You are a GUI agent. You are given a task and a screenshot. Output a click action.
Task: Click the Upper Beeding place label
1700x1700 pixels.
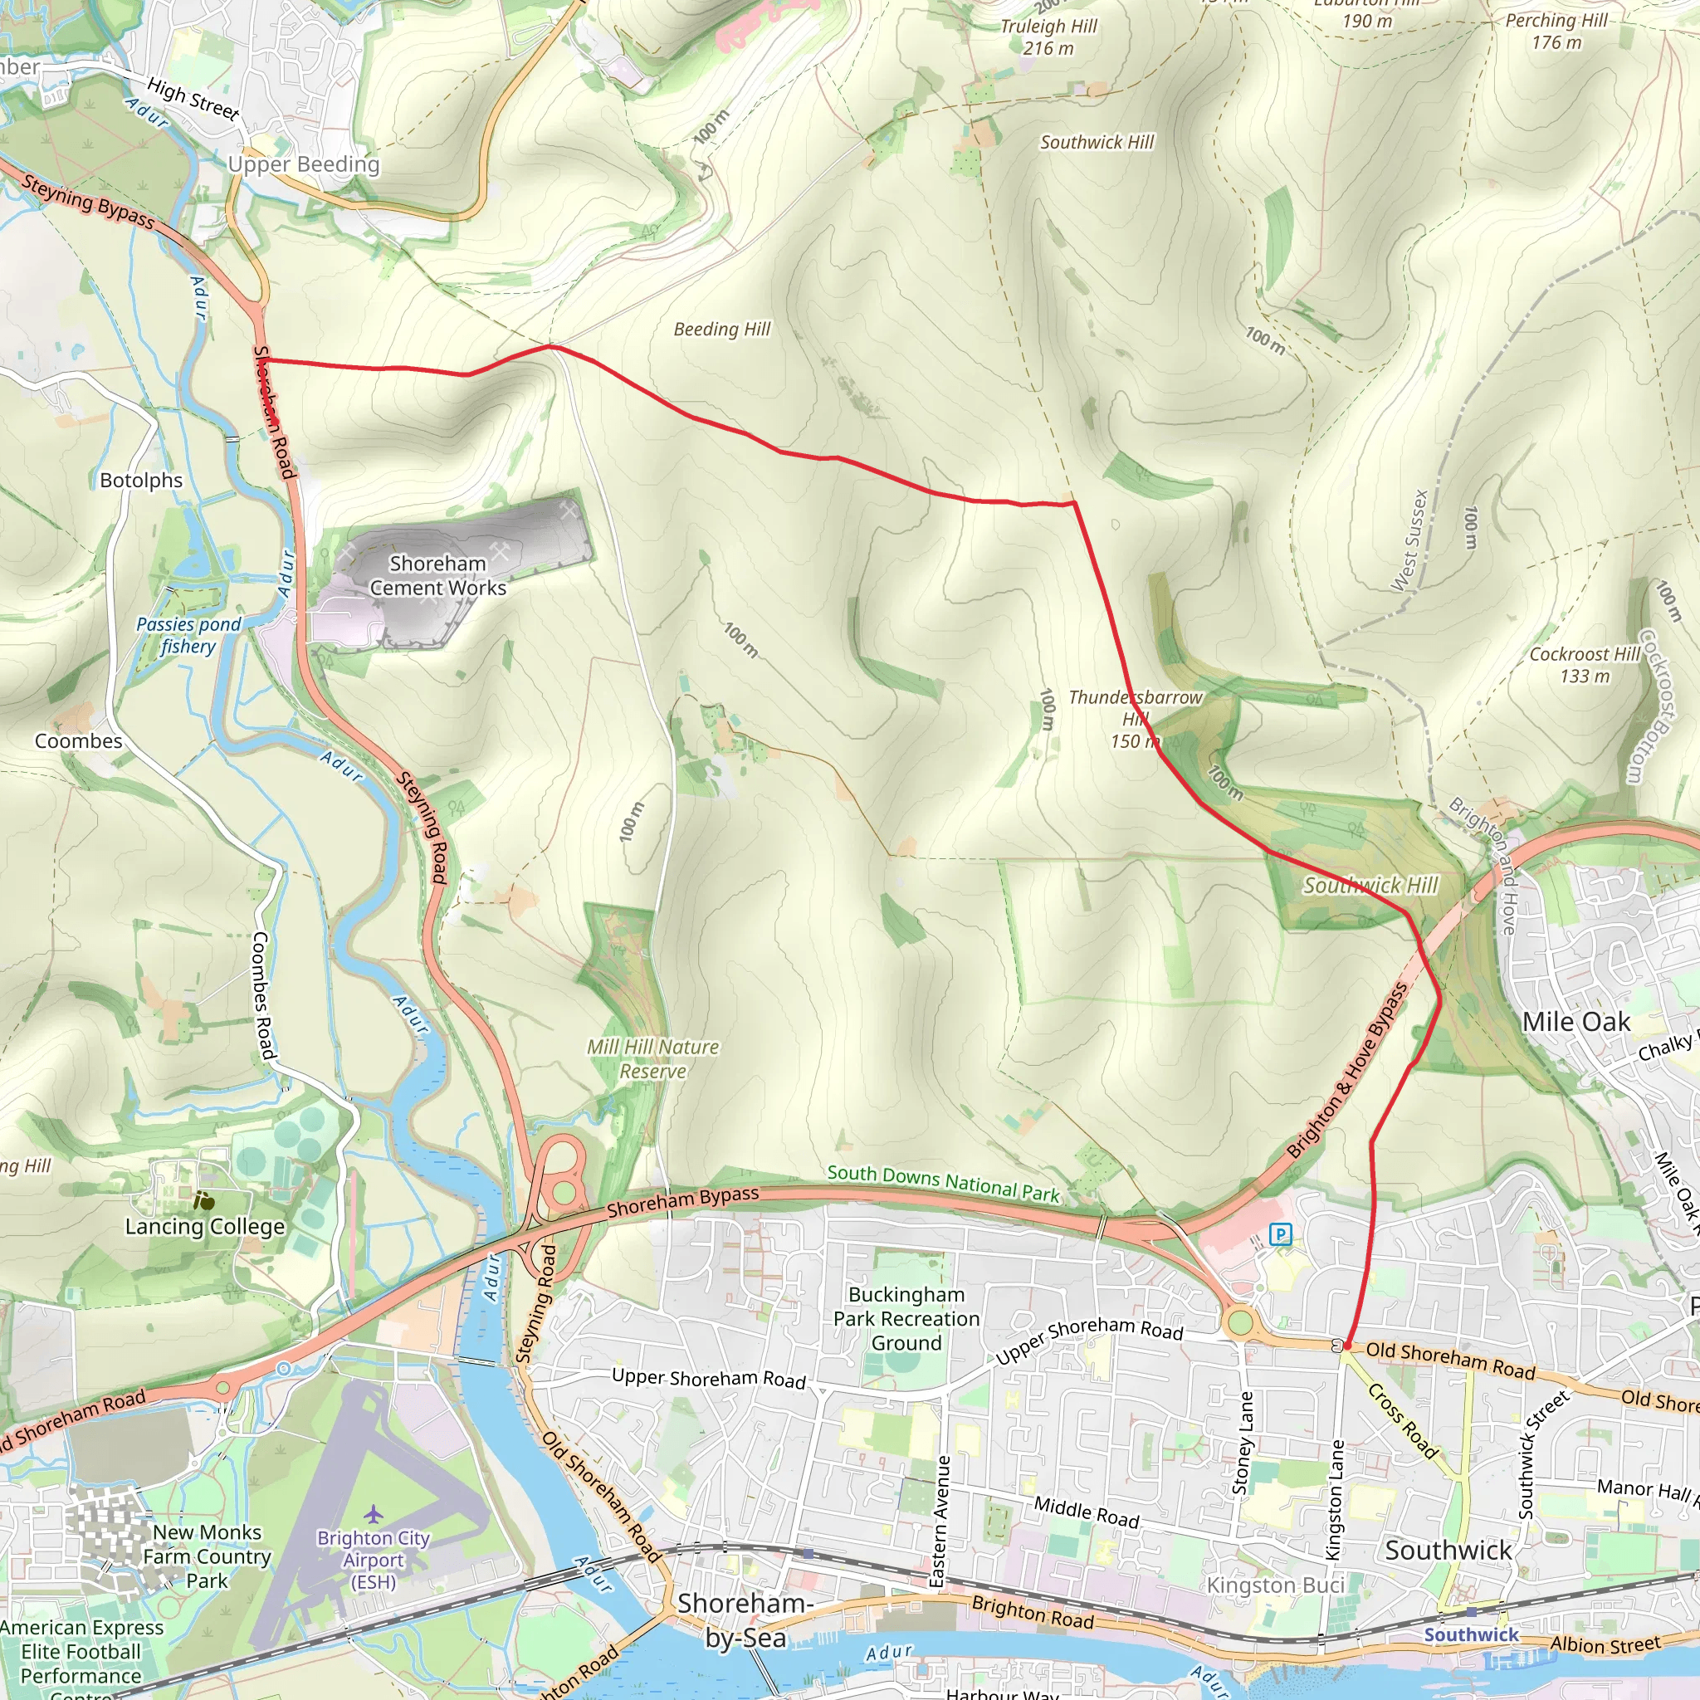coord(304,164)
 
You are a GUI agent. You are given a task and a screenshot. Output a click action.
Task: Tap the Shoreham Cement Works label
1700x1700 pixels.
coord(437,575)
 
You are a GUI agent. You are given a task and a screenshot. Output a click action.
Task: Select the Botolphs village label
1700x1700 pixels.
coord(141,481)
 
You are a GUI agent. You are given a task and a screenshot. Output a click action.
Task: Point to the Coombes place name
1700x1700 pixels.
coord(78,741)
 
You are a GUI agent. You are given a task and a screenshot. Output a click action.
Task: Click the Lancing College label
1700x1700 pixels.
coord(205,1226)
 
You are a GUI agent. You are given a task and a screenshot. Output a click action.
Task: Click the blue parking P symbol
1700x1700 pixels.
coord(1280,1234)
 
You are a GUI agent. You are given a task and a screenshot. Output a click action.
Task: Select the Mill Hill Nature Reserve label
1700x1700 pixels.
coord(653,1058)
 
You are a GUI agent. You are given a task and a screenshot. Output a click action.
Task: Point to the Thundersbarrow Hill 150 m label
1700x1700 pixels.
coord(1135,719)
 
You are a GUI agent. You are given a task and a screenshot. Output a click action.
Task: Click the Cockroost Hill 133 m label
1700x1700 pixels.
coord(1584,664)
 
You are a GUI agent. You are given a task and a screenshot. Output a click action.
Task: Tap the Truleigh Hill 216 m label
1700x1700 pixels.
coord(1049,37)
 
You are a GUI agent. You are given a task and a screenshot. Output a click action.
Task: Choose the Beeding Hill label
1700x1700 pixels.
coord(721,329)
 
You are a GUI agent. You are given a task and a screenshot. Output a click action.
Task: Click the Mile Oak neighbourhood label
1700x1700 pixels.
coord(1576,1022)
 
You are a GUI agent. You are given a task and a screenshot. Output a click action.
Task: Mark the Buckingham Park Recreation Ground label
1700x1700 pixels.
coord(906,1318)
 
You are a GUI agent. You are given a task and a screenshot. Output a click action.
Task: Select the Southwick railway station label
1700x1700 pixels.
coord(1471,1634)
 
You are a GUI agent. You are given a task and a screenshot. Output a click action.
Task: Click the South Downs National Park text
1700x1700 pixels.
coord(943,1183)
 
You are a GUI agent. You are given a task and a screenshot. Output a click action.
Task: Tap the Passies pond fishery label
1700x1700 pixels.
coord(188,634)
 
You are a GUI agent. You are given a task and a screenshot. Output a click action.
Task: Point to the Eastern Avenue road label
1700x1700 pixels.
coord(942,1522)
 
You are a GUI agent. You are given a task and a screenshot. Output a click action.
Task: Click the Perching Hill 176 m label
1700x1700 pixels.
coord(1556,31)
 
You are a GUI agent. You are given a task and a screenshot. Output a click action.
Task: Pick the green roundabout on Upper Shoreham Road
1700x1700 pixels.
coord(1240,1321)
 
